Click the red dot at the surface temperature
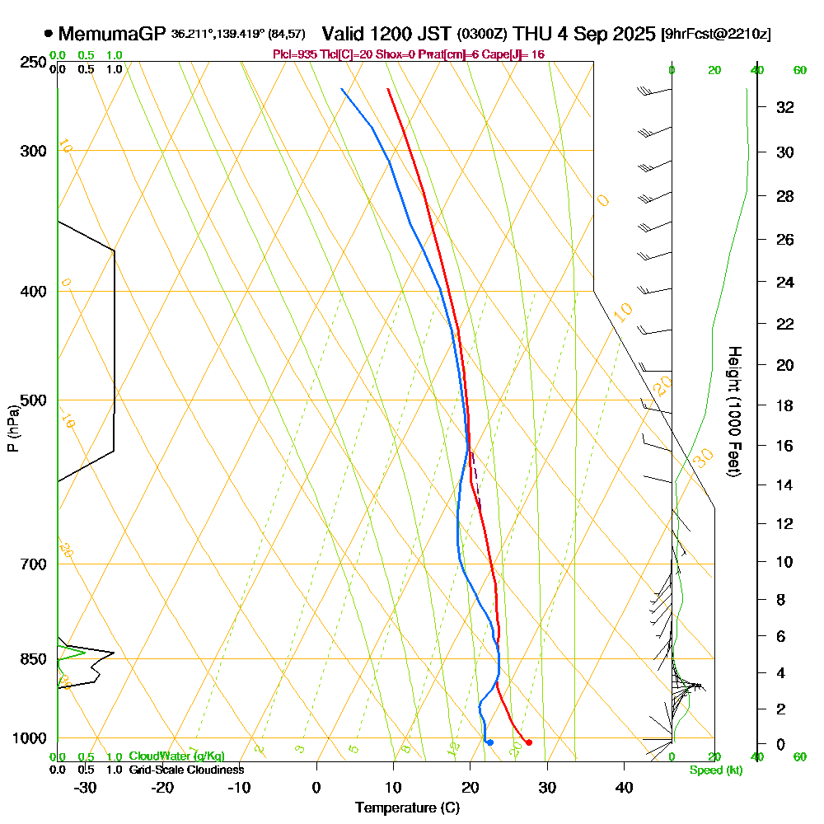click(x=528, y=742)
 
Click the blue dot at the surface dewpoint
click(x=489, y=742)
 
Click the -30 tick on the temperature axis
click(x=86, y=786)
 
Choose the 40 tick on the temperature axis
click(x=624, y=786)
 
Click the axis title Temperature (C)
click(x=407, y=808)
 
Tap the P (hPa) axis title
click(x=12, y=428)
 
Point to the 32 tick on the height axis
click(x=785, y=107)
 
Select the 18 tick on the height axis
click(x=785, y=405)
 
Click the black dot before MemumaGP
click(x=49, y=34)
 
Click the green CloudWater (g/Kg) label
click(x=176, y=756)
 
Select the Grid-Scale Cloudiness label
click(x=185, y=770)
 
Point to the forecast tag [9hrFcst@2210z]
click(x=716, y=35)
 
